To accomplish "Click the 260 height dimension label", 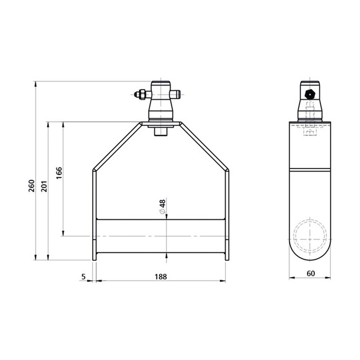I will pos(31,185).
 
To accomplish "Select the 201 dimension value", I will pos(44,185).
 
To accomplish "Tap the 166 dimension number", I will pos(59,173).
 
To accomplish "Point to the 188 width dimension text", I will pos(161,277).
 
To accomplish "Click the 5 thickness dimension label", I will pos(84,277).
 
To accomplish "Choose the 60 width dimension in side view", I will pos(310,273).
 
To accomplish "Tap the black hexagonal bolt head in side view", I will pos(310,94).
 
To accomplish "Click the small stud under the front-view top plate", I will pos(161,132).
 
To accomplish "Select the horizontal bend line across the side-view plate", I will pos(310,170).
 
